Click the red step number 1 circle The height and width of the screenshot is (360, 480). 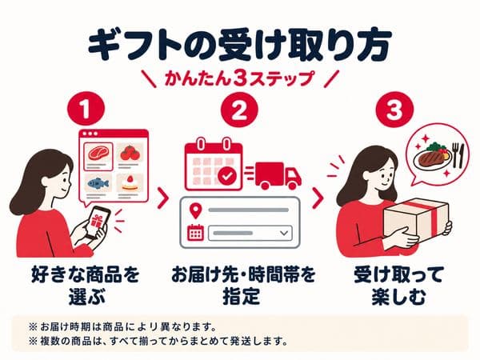click(x=86, y=110)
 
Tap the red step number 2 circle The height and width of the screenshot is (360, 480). click(x=239, y=110)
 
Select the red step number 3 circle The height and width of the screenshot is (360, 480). click(x=394, y=110)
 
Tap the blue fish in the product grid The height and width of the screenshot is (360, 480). click(x=98, y=184)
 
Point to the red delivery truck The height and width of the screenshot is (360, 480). click(x=278, y=176)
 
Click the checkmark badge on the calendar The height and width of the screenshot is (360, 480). click(x=227, y=176)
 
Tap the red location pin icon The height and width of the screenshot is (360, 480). click(x=196, y=211)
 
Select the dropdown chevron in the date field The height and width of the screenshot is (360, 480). click(x=284, y=234)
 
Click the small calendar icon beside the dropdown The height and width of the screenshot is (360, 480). click(x=195, y=233)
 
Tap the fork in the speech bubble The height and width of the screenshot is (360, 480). click(x=455, y=155)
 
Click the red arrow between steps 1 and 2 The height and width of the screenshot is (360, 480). click(x=163, y=198)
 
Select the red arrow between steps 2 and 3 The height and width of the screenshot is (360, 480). click(x=318, y=198)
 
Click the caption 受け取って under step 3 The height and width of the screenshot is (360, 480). click(x=398, y=274)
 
